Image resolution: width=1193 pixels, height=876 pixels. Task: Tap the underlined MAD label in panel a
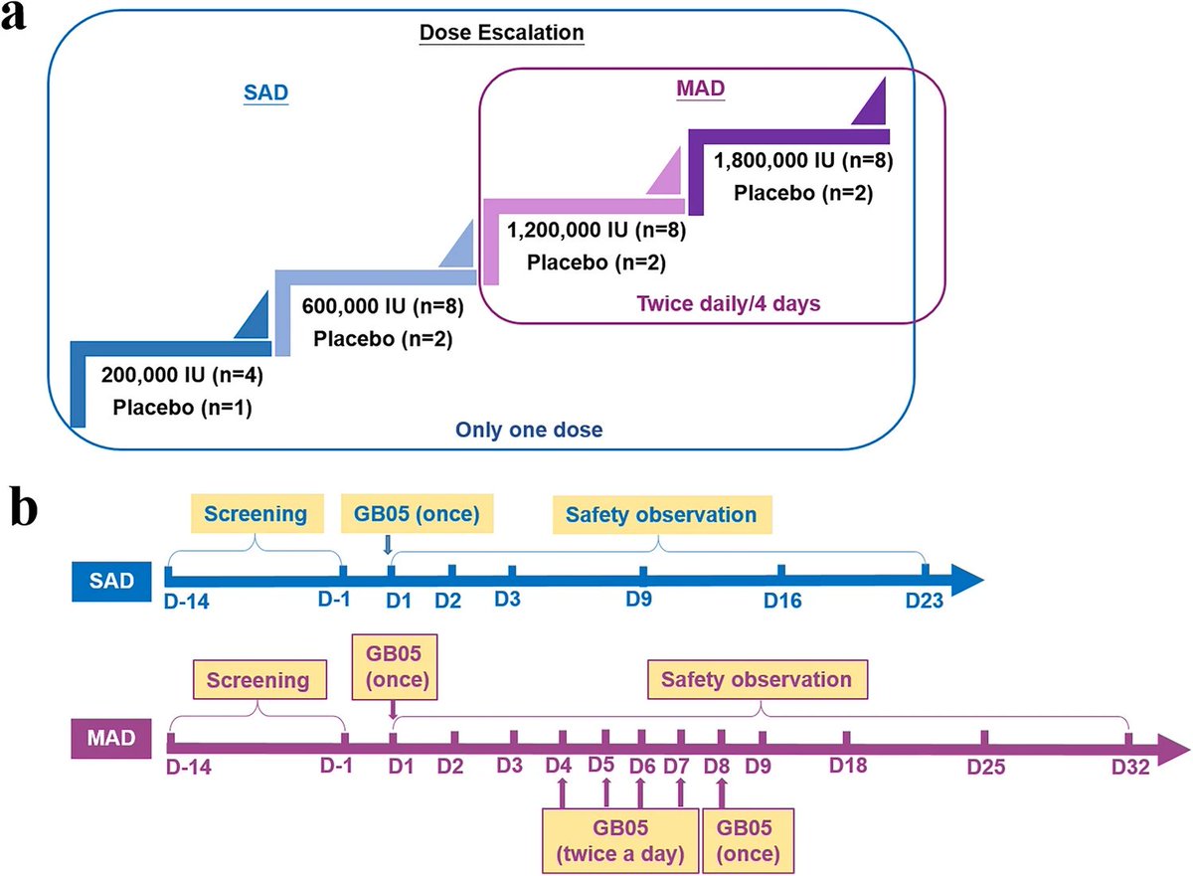[707, 89]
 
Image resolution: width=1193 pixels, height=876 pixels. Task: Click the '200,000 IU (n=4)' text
[182, 376]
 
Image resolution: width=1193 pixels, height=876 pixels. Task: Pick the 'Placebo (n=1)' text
[182, 407]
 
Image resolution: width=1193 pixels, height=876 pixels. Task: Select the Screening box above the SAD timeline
[258, 515]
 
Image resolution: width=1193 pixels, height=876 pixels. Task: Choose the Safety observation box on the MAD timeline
[762, 681]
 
